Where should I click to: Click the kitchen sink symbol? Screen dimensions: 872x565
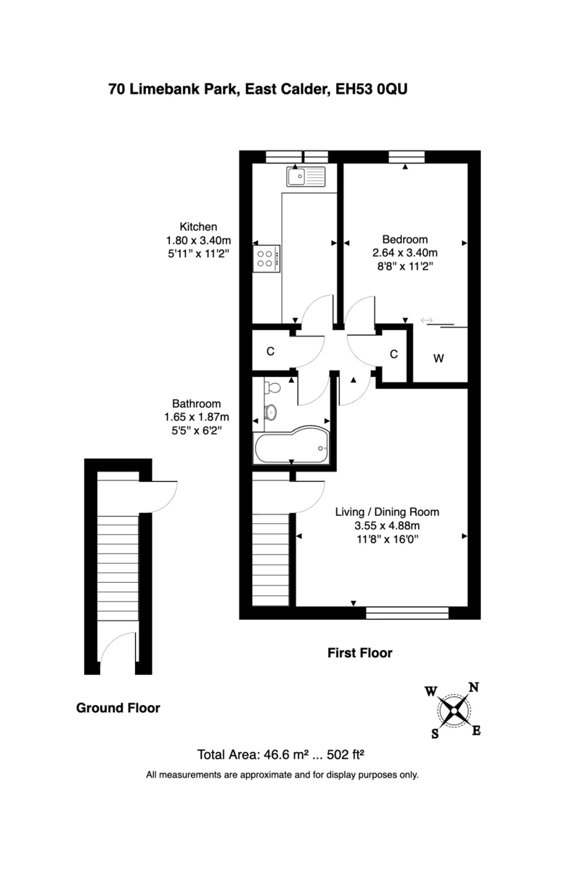click(306, 177)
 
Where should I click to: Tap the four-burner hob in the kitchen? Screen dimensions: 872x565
click(267, 259)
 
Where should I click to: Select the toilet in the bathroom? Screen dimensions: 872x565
click(272, 387)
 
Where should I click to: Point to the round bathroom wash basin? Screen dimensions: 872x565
click(272, 412)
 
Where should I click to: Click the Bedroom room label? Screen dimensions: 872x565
click(405, 239)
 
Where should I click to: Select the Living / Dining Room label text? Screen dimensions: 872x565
click(386, 512)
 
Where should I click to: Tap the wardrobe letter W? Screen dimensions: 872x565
click(439, 358)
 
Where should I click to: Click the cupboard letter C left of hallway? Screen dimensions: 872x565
click(270, 352)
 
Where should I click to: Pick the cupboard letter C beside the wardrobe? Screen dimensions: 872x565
click(394, 355)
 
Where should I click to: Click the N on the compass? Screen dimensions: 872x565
click(473, 687)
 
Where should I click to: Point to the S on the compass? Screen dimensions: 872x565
click(435, 733)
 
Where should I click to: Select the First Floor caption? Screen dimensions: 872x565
click(359, 653)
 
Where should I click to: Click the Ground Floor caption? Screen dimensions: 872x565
click(118, 708)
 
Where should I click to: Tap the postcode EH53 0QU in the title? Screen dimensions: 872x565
click(375, 89)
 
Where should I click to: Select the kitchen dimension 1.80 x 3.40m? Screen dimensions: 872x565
click(198, 240)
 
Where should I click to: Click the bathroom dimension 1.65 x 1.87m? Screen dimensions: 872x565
click(196, 417)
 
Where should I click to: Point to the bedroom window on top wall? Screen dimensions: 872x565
click(406, 156)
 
